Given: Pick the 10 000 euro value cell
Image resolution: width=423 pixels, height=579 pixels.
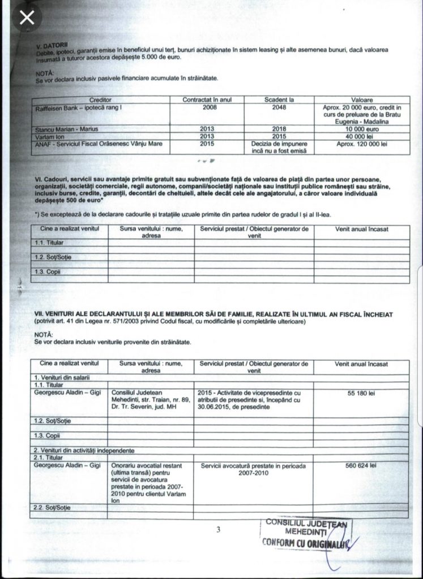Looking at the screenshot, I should click(x=361, y=129).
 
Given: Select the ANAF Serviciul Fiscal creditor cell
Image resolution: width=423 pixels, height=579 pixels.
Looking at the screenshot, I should click(x=94, y=144).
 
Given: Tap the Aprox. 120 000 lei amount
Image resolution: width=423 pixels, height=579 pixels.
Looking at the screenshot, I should click(x=361, y=144).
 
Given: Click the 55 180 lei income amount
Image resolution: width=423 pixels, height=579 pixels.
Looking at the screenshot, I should click(x=361, y=394).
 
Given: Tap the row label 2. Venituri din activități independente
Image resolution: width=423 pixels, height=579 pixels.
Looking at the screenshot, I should click(x=85, y=451).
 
